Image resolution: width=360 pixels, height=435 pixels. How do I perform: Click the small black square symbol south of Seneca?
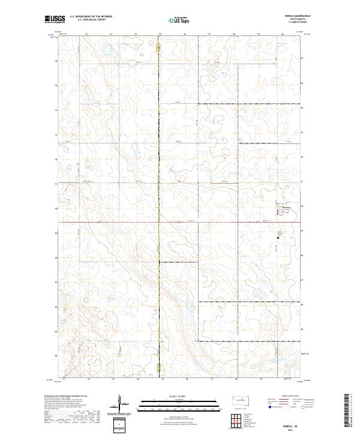278,238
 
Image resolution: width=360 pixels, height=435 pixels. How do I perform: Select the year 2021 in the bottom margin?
292,430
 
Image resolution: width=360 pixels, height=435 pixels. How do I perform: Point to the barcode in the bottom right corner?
347,412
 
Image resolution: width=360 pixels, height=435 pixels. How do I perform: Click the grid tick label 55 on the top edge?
160,34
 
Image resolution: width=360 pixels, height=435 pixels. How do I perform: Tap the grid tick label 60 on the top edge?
283,34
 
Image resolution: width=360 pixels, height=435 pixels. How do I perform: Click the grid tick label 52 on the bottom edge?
88,379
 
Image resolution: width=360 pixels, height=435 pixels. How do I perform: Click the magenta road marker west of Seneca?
277,211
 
